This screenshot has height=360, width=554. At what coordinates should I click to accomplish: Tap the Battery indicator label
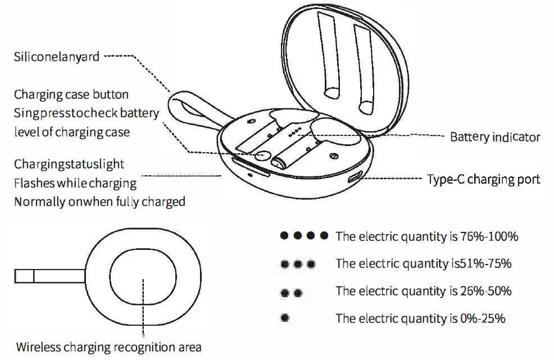495,137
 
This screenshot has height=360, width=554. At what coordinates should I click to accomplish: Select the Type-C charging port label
483,179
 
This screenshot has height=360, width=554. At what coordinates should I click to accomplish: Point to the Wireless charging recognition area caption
108,347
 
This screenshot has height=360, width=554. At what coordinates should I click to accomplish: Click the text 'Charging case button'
71,94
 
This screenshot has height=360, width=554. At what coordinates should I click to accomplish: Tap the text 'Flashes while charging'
75,183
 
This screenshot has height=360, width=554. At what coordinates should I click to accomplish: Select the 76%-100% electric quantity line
426,236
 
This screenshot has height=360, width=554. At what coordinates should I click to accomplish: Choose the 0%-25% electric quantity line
420,318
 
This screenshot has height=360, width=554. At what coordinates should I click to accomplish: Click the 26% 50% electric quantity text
424,291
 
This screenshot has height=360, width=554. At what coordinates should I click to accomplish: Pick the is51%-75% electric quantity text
424,263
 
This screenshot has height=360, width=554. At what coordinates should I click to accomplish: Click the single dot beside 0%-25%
285,318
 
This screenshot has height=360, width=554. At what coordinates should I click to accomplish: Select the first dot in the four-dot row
285,236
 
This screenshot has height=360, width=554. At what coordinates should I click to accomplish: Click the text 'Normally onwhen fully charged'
99,202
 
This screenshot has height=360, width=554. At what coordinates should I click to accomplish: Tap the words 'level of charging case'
71,133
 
